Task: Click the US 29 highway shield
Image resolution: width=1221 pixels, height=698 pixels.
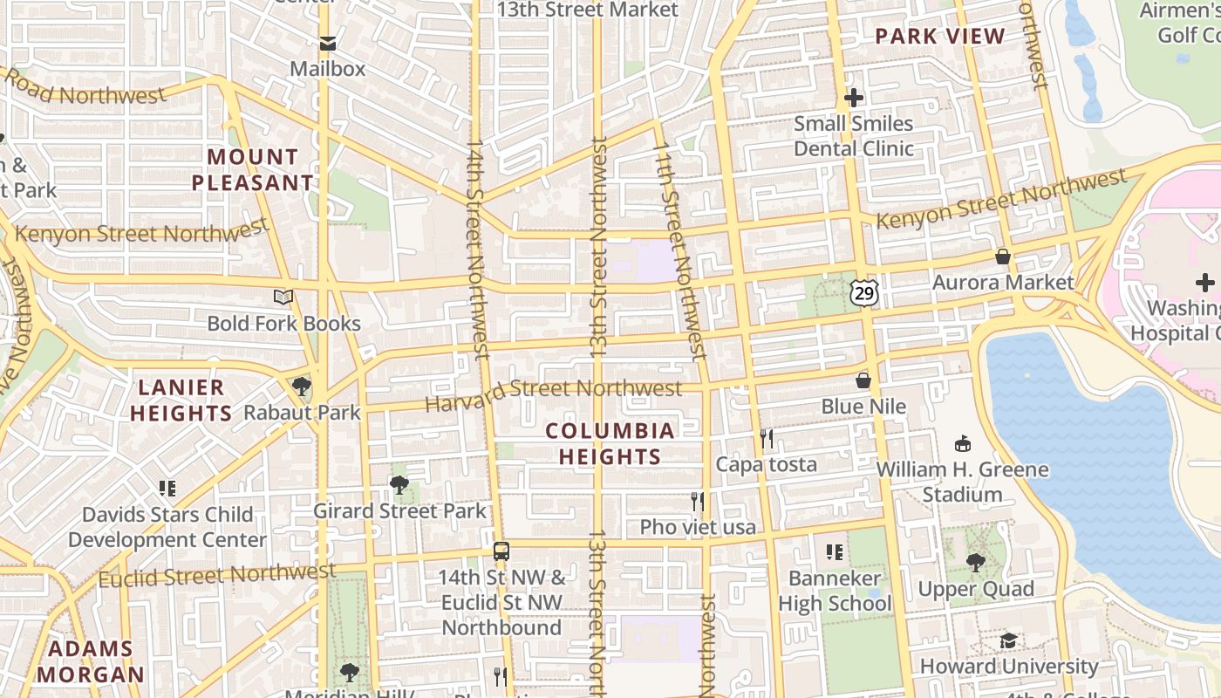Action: pyautogui.click(x=863, y=293)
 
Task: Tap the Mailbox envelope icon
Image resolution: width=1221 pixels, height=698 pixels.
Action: pyautogui.click(x=327, y=44)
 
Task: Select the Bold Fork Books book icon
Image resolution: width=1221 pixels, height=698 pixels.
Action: pyautogui.click(x=283, y=298)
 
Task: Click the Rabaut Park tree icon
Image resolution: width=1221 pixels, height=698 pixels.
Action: pyautogui.click(x=302, y=386)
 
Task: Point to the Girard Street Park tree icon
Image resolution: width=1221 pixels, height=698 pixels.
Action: pyautogui.click(x=399, y=485)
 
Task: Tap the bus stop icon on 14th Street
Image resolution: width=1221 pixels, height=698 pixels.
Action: pyautogui.click(x=501, y=551)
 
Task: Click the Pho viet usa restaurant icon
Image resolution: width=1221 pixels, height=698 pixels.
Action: pyautogui.click(x=698, y=502)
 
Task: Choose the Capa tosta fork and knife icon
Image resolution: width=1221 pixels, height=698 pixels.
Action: pyautogui.click(x=767, y=438)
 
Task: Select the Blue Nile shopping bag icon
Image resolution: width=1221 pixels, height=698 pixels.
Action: pyautogui.click(x=863, y=380)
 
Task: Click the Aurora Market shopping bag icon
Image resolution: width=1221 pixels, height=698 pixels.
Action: pyautogui.click(x=1003, y=257)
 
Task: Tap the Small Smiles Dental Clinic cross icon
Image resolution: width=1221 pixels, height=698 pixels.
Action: pyautogui.click(x=854, y=98)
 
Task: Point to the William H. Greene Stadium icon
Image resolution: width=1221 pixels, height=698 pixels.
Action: pyautogui.click(x=963, y=443)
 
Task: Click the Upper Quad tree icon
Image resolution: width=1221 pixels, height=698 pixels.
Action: pyautogui.click(x=975, y=563)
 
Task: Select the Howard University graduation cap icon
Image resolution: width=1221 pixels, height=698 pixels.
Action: pyautogui.click(x=1008, y=640)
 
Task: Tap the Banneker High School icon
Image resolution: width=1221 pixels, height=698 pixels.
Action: pyautogui.click(x=835, y=552)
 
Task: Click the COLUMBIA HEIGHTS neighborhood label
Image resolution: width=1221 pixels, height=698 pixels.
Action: pyautogui.click(x=610, y=443)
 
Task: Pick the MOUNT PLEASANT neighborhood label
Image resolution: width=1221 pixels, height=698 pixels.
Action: pyautogui.click(x=253, y=170)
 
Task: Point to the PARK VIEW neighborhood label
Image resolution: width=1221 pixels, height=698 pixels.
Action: pyautogui.click(x=940, y=36)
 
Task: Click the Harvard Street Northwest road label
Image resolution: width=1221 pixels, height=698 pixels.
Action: pyautogui.click(x=554, y=393)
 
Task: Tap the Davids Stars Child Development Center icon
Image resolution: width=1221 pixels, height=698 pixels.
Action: pyautogui.click(x=167, y=489)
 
